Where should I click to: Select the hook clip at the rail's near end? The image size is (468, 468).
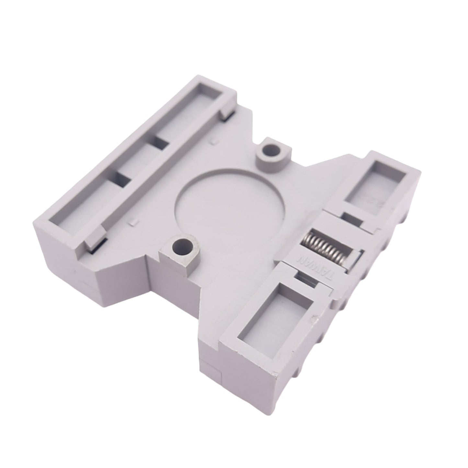tap(96, 238)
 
